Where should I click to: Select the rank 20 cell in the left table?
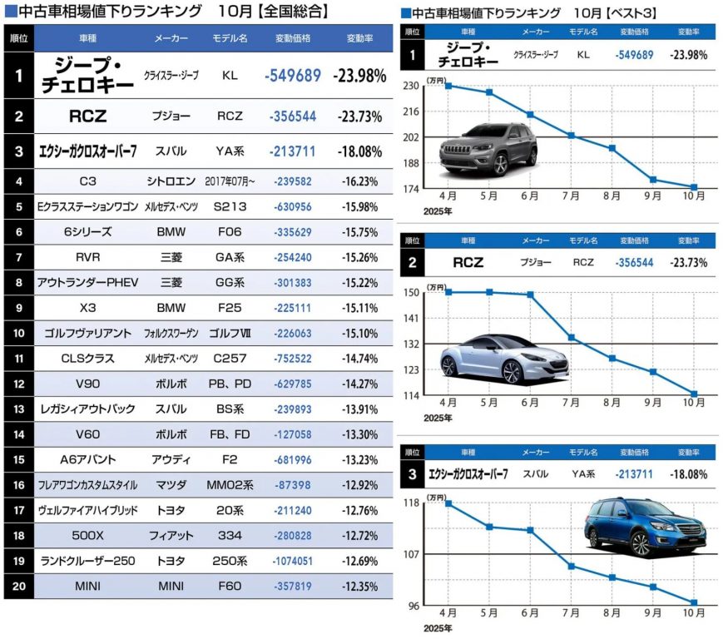click(x=18, y=586)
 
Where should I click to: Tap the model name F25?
click(x=229, y=307)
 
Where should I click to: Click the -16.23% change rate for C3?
click(x=359, y=180)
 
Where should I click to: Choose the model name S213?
click(x=229, y=206)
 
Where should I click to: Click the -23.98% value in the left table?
click(x=359, y=76)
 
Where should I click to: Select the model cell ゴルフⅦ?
click(x=229, y=333)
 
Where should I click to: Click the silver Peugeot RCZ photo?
click(x=504, y=356)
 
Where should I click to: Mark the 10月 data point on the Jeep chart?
click(x=694, y=187)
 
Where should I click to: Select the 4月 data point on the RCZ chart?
click(x=448, y=292)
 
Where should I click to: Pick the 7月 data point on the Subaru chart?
click(x=572, y=567)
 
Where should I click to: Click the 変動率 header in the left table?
click(x=359, y=39)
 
